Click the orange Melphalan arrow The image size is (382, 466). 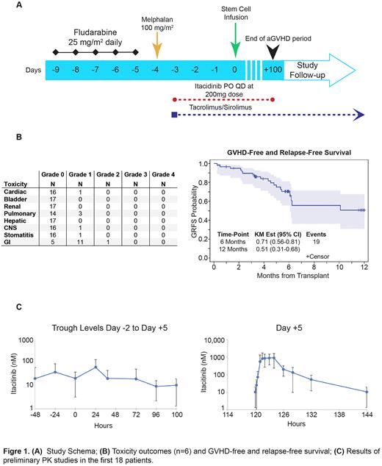(156, 50)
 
